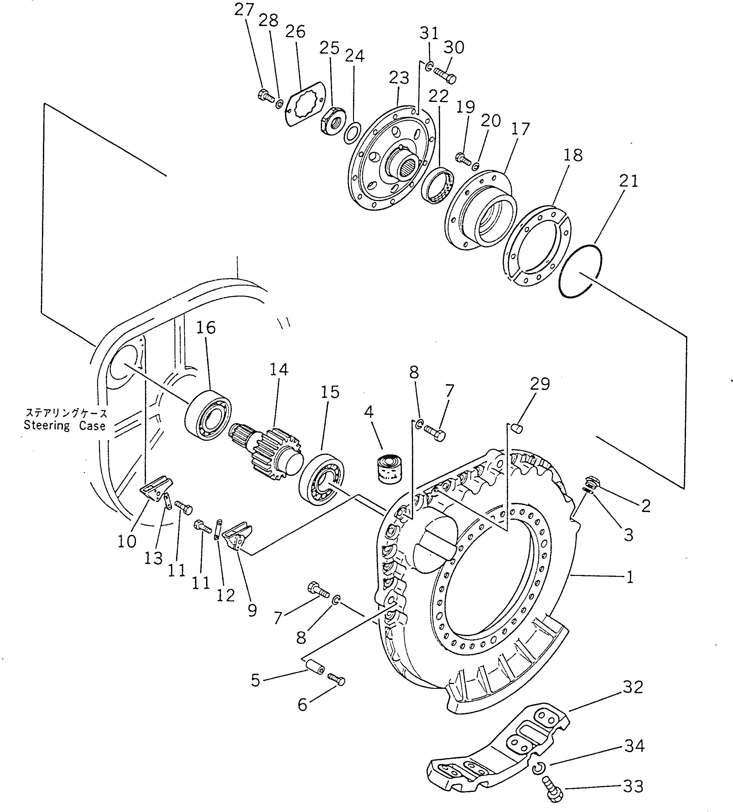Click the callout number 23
click(x=399, y=77)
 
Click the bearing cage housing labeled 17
click(x=481, y=210)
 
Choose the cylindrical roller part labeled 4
click(x=388, y=468)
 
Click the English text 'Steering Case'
click(x=65, y=426)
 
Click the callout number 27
click(x=244, y=9)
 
